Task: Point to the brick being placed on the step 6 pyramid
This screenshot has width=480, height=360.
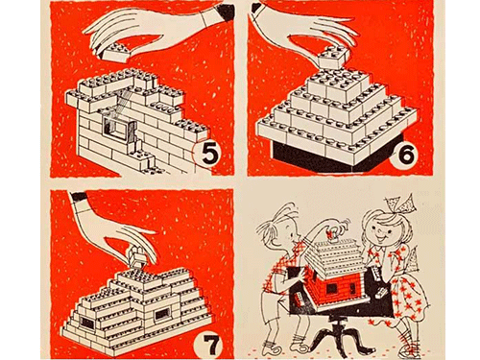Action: click(331, 57)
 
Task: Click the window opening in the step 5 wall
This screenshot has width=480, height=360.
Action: click(116, 128)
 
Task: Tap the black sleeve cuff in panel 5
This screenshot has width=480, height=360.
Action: click(226, 12)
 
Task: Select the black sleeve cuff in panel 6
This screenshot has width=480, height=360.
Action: click(257, 8)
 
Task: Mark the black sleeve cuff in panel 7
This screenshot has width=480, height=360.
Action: click(79, 196)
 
